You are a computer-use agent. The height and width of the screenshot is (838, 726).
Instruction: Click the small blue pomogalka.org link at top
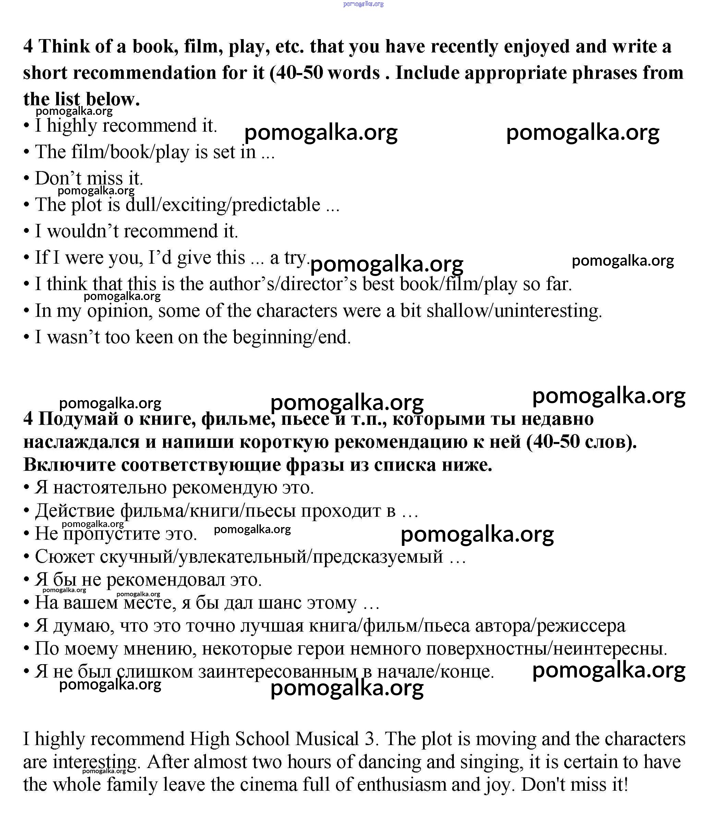pos(363,4)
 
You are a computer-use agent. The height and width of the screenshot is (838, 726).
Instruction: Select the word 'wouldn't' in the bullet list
pos(83,231)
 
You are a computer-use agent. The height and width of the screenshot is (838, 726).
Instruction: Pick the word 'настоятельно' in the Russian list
pos(110,488)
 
